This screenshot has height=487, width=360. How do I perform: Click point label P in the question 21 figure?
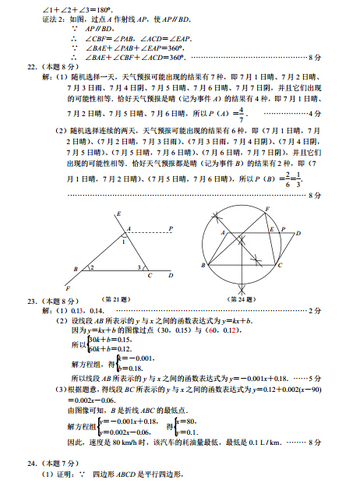(171, 228)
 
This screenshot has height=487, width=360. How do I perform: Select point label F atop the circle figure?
(267, 209)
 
